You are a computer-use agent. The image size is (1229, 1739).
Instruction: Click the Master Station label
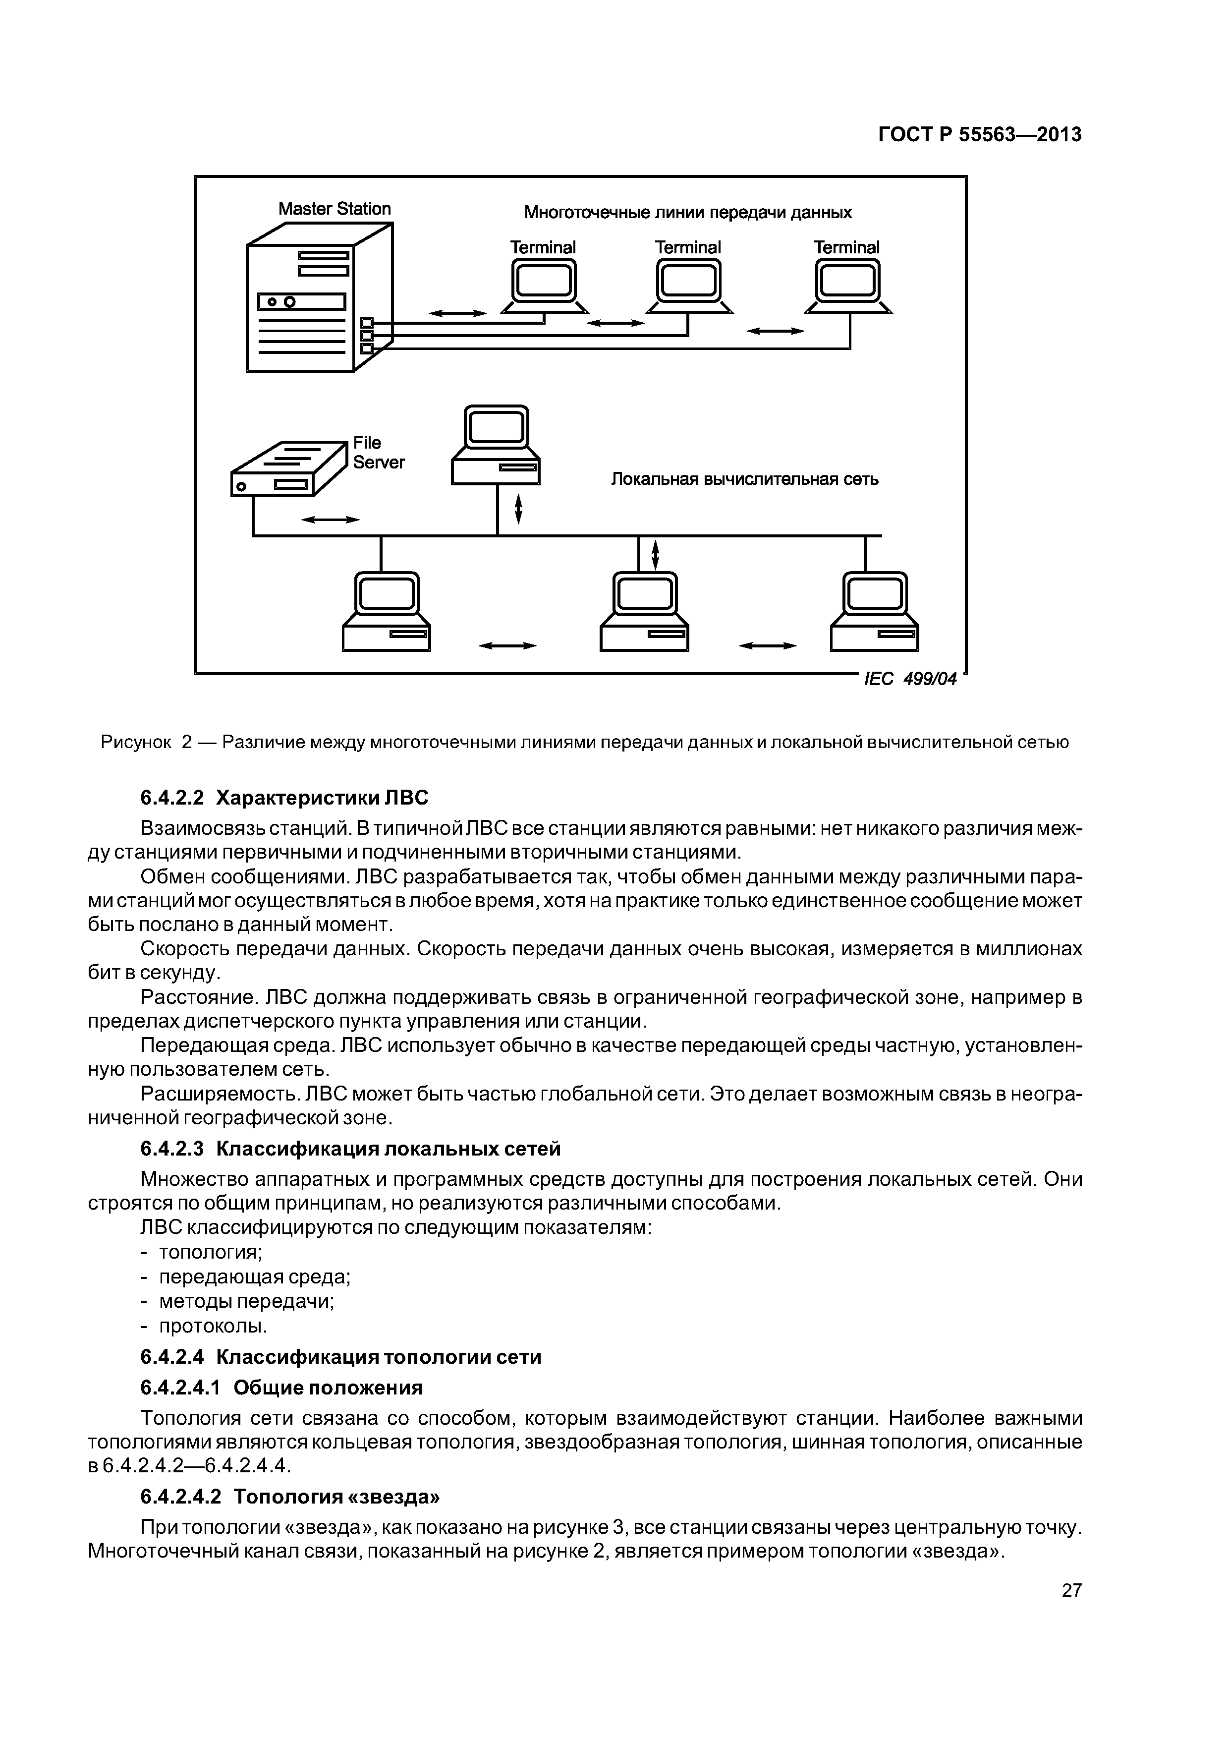334,209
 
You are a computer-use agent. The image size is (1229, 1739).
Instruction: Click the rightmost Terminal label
846,248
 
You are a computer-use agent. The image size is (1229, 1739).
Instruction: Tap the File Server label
378,452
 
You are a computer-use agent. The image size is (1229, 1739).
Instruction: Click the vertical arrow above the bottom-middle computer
656,554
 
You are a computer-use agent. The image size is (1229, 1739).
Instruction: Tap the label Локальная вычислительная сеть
744,479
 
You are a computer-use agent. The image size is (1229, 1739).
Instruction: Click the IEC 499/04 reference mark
910,680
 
